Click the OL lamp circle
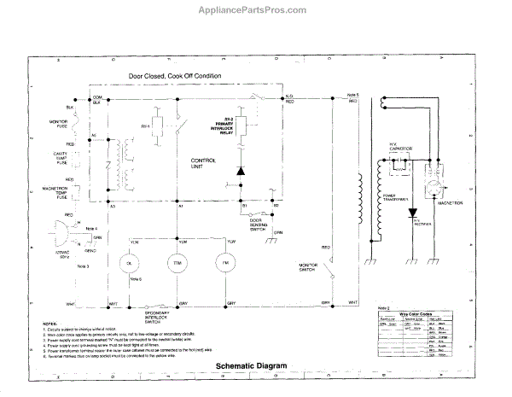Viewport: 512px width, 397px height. [131, 264]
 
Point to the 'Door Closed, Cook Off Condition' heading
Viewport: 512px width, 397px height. [175, 76]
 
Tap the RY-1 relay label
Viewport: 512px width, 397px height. [146, 126]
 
